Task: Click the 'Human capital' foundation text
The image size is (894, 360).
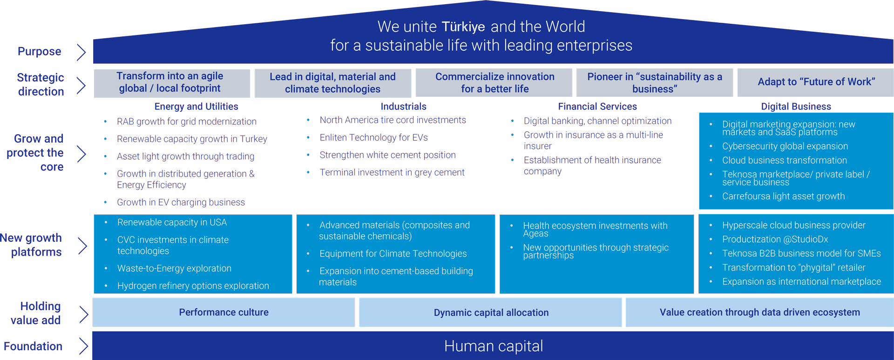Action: pyautogui.click(x=493, y=346)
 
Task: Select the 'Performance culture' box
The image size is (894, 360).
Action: pyautogui.click(x=223, y=312)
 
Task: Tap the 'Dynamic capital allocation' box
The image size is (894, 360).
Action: pyautogui.click(x=491, y=312)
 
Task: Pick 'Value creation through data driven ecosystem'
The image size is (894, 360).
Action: pyautogui.click(x=759, y=312)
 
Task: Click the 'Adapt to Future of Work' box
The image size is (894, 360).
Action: pyautogui.click(x=816, y=82)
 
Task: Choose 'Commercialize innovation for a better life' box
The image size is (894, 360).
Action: pyautogui.click(x=494, y=82)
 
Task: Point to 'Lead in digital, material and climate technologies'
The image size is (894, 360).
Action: pyautogui.click(x=332, y=82)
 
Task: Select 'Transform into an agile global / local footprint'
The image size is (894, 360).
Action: pyautogui.click(x=171, y=82)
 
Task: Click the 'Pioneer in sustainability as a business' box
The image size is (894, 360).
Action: pyautogui.click(x=654, y=82)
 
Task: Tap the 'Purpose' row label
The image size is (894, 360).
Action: pyautogui.click(x=40, y=51)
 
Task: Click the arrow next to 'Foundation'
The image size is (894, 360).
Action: pyautogui.click(x=83, y=346)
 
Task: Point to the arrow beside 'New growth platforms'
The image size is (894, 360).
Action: pyautogui.click(x=82, y=245)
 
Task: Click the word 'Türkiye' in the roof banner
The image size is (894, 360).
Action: pyautogui.click(x=463, y=27)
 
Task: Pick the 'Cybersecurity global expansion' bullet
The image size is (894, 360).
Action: pyautogui.click(x=785, y=146)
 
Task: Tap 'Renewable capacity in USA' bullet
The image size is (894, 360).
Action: pyautogui.click(x=172, y=223)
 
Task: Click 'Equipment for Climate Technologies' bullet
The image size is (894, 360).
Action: pyautogui.click(x=393, y=254)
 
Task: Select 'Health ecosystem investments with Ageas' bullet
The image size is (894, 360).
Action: pyautogui.click(x=595, y=229)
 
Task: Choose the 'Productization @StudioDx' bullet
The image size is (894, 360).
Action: pyautogui.click(x=775, y=239)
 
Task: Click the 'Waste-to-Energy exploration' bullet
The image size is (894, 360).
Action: pyautogui.click(x=174, y=268)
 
